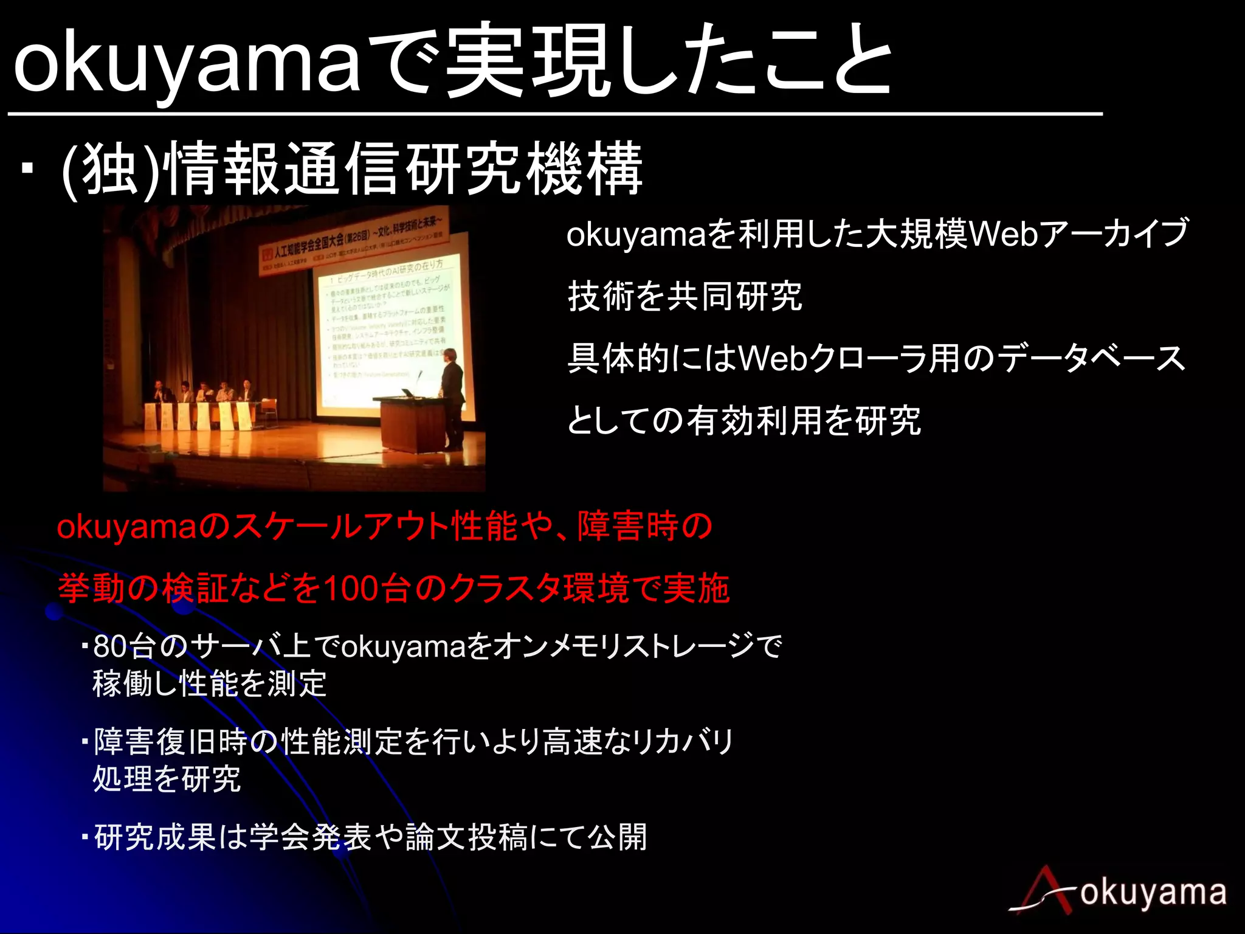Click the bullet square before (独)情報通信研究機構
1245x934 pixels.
click(x=26, y=167)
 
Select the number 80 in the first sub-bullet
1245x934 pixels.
click(x=110, y=646)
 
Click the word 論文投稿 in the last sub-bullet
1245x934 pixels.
click(x=466, y=837)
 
